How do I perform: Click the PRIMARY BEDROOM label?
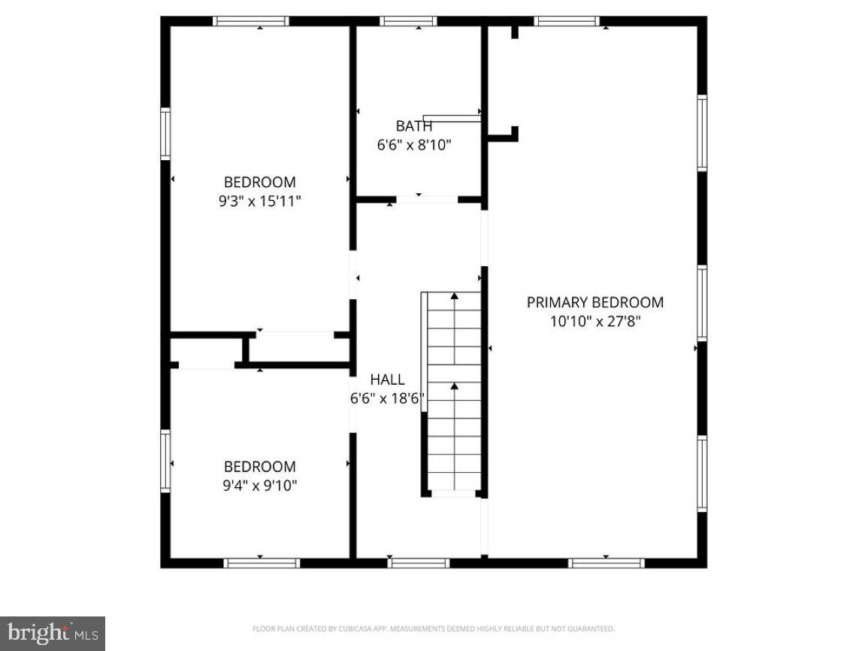click(x=594, y=302)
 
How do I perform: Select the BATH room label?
click(x=414, y=126)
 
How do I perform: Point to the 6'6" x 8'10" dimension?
click(x=414, y=145)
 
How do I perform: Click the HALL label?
click(x=387, y=380)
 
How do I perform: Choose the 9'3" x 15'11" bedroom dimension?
click(x=259, y=201)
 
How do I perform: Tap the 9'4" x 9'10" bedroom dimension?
click(x=259, y=486)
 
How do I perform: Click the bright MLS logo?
click(x=53, y=633)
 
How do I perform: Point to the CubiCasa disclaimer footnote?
click(x=434, y=628)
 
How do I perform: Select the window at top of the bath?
click(x=408, y=21)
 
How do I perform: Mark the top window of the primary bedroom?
click(x=567, y=21)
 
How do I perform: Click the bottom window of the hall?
click(x=419, y=562)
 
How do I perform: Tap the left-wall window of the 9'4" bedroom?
click(x=165, y=460)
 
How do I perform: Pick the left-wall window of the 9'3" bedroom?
click(x=165, y=133)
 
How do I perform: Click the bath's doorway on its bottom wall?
click(x=427, y=199)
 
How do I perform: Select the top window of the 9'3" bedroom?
click(x=251, y=21)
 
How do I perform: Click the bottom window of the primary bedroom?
click(x=606, y=562)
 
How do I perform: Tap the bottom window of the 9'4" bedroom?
click(x=262, y=562)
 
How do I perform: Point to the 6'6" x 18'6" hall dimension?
click(x=387, y=399)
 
